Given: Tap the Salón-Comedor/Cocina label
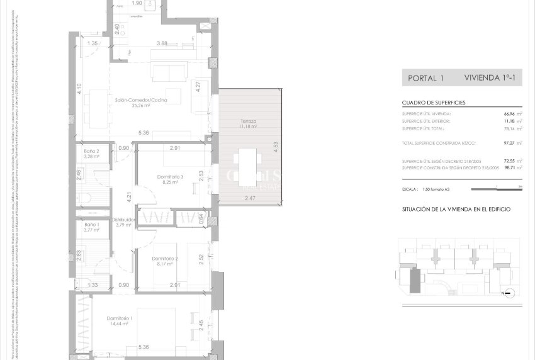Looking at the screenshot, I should [132, 99].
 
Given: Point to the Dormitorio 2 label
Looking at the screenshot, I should [165, 258].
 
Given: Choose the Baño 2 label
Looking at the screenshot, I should [92, 152].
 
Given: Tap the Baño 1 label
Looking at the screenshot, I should [92, 225].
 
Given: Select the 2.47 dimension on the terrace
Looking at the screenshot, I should [251, 198].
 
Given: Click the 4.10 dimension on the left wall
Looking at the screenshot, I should [79, 89].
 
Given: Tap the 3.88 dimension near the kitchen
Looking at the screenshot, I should [162, 43].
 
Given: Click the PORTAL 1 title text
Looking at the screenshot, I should [426, 79].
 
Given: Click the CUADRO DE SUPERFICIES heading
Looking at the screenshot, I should [434, 103].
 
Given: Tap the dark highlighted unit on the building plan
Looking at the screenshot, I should [414, 280].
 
